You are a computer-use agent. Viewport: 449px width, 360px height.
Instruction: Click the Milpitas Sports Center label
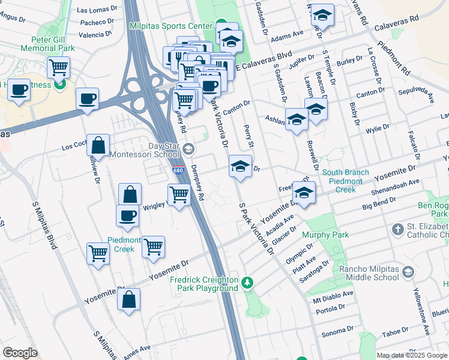(x=172, y=26)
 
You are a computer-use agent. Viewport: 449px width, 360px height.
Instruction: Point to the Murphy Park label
(x=325, y=235)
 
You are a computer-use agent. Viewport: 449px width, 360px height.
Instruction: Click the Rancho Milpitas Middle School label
(x=369, y=273)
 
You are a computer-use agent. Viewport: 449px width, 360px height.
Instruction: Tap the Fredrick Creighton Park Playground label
(x=204, y=284)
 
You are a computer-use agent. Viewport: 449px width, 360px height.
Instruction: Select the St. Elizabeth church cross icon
(x=398, y=229)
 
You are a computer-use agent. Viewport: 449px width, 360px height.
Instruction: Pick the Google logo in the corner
(x=20, y=353)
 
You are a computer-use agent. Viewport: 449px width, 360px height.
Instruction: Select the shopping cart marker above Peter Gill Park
(x=58, y=68)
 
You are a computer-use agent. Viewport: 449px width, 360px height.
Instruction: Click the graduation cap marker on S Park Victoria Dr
(x=240, y=166)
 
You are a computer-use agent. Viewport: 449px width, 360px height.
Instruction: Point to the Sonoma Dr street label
(x=338, y=331)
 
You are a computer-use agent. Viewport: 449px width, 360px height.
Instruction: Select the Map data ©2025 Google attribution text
(x=412, y=355)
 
